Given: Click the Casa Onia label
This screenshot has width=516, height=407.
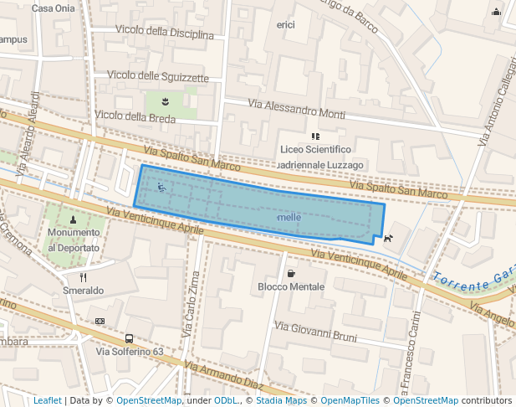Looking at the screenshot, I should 54,8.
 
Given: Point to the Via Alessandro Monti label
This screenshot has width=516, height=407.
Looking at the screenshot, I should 297,109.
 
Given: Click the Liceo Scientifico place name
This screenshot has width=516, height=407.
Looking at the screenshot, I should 315,150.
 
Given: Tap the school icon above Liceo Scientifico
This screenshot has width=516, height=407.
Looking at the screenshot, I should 315,136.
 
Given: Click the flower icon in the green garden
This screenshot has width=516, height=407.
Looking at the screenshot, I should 166,101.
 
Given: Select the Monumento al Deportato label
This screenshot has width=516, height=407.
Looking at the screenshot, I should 74,240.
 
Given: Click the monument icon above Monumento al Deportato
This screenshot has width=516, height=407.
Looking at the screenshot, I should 74,219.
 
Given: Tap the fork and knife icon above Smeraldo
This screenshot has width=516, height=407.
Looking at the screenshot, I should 83,276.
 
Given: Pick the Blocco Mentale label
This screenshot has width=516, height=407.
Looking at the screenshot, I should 291,286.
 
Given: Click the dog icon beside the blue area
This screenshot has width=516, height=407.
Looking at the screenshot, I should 388,239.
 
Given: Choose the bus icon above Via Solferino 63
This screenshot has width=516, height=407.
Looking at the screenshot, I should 129,338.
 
